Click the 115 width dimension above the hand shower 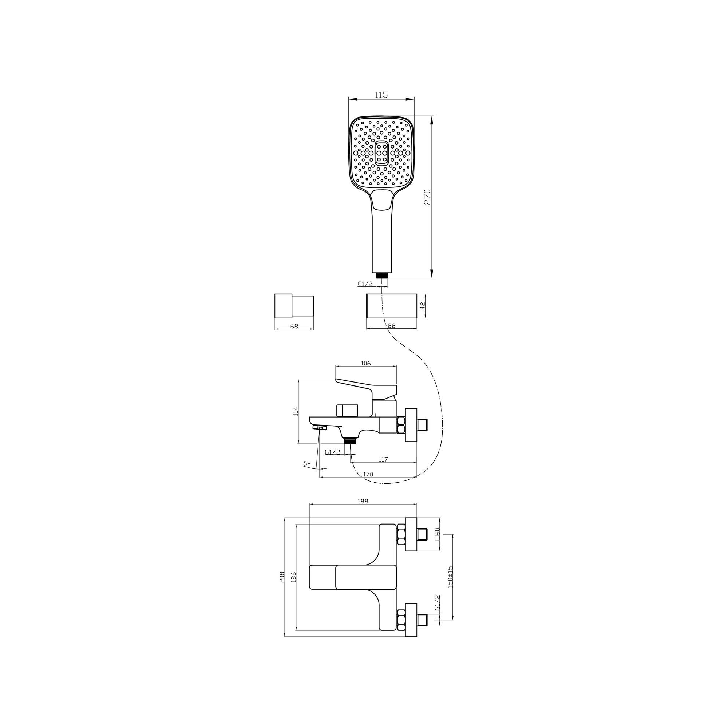381,95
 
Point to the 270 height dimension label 427,197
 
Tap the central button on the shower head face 381,153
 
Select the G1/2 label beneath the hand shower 365,284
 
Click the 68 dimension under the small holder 294,326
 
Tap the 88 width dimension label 392,326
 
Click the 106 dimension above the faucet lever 366,363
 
